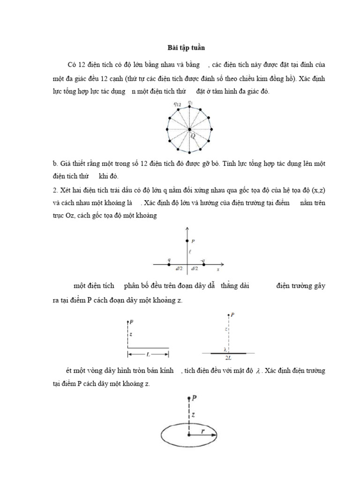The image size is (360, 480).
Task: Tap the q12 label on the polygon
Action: tap(178, 104)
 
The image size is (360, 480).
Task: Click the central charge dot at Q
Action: tap(189, 129)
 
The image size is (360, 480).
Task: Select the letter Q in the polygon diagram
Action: tap(193, 135)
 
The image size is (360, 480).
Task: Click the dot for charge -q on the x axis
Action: tap(203, 264)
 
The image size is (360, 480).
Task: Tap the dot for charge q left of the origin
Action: tap(169, 264)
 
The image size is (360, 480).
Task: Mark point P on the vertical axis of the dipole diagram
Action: tap(187, 241)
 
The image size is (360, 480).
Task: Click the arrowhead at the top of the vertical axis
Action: tap(187, 228)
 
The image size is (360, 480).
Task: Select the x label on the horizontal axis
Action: tap(218, 270)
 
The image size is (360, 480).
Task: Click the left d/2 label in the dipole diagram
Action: tap(179, 269)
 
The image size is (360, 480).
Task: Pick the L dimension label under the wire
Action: tap(148, 352)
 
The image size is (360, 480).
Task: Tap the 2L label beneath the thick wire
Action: tap(228, 357)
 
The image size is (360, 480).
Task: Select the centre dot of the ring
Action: tap(189, 435)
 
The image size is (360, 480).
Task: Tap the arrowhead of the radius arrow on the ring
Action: tap(214, 435)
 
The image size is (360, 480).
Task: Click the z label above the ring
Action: tap(193, 415)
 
